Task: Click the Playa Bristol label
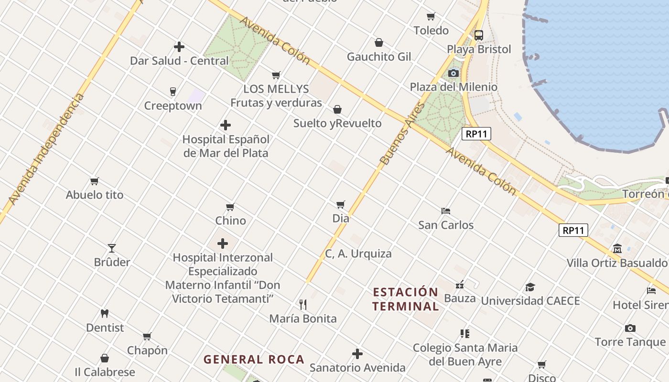pyautogui.click(x=479, y=49)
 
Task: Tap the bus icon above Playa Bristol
pyautogui.click(x=479, y=35)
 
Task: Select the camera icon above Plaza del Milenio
pyautogui.click(x=453, y=73)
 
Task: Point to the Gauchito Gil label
pyautogui.click(x=379, y=57)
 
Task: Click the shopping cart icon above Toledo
pyautogui.click(x=431, y=17)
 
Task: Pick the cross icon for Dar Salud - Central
pyautogui.click(x=179, y=47)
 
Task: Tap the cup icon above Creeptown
pyautogui.click(x=173, y=91)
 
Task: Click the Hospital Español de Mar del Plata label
pyautogui.click(x=226, y=146)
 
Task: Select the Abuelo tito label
pyautogui.click(x=95, y=195)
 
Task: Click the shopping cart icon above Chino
pyautogui.click(x=230, y=207)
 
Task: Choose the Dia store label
pyautogui.click(x=341, y=218)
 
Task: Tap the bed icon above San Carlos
pyautogui.click(x=446, y=211)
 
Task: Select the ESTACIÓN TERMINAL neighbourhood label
pyautogui.click(x=405, y=299)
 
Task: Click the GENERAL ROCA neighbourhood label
pyautogui.click(x=254, y=360)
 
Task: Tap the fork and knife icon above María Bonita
pyautogui.click(x=302, y=305)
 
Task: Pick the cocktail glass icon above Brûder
pyautogui.click(x=112, y=248)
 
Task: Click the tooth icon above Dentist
pyautogui.click(x=105, y=314)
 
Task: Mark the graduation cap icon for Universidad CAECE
pyautogui.click(x=530, y=287)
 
